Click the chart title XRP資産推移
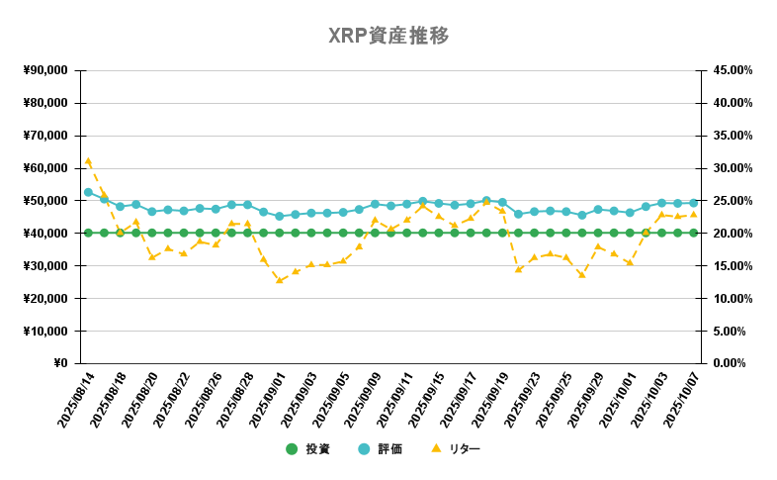[x=388, y=36]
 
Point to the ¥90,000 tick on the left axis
[x=44, y=70]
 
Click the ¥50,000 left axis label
[x=44, y=201]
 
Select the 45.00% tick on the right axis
[x=733, y=70]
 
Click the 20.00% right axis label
[x=733, y=234]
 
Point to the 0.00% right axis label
[x=735, y=363]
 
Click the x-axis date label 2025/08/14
[x=75, y=401]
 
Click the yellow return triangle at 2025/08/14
[x=88, y=160]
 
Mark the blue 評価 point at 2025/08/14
[x=88, y=192]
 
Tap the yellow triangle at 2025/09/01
[x=279, y=280]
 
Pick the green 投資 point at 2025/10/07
[x=693, y=233]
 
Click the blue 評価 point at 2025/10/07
[x=693, y=203]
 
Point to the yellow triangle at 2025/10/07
[x=693, y=214]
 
